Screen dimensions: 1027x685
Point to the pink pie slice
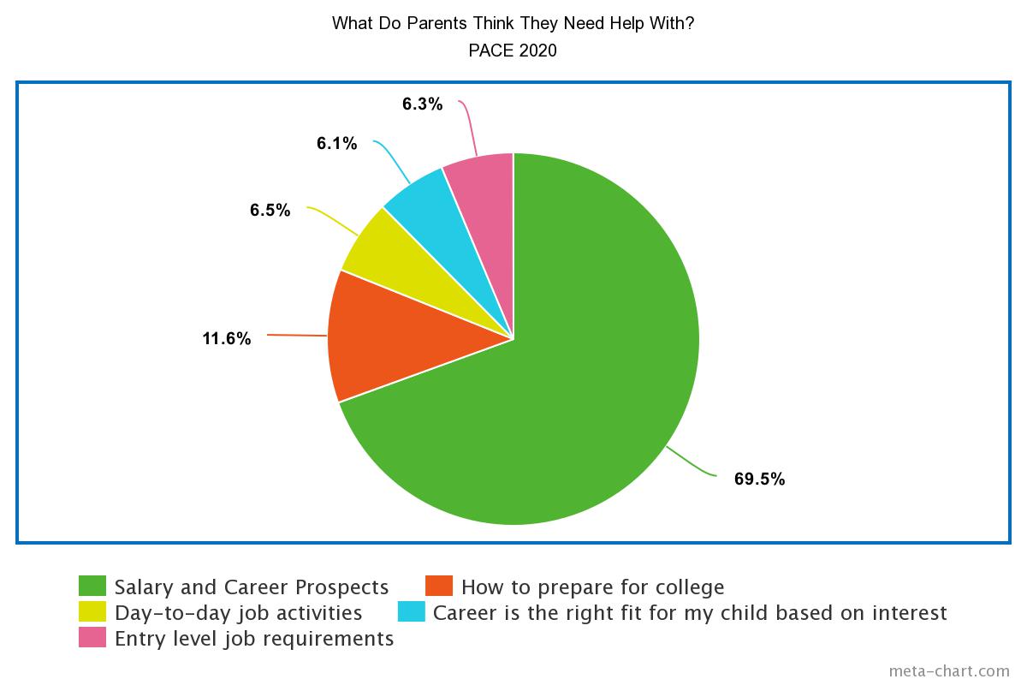[x=486, y=206]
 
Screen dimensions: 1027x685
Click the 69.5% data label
[x=759, y=479]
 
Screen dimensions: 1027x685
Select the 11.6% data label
[x=227, y=338]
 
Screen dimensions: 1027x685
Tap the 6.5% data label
[x=270, y=210]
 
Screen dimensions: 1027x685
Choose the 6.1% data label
[x=337, y=143]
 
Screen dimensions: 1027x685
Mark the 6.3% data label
[x=422, y=104]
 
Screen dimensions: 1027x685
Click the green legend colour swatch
[x=92, y=586]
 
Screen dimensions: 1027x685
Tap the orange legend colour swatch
[x=439, y=586]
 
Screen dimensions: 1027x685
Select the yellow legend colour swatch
[x=92, y=611]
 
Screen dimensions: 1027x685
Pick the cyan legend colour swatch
[x=412, y=611]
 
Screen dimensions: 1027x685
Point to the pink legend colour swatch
[x=92, y=637]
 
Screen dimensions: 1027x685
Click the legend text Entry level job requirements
[x=254, y=639]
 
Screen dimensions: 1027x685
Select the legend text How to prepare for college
[x=593, y=587]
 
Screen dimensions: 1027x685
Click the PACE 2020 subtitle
[x=513, y=51]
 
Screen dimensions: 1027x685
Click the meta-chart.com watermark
[x=949, y=671]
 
